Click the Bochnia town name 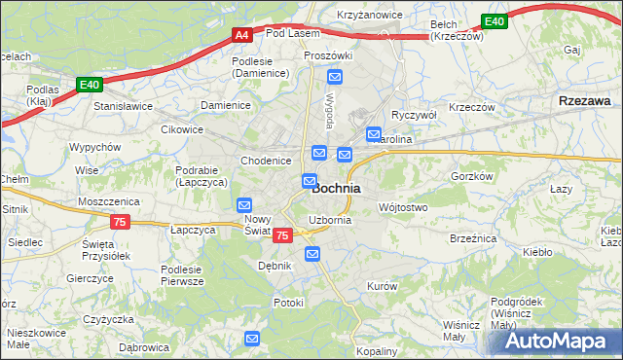pyautogui.click(x=337, y=188)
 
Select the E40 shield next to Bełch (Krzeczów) pyautogui.click(x=495, y=21)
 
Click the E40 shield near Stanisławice pyautogui.click(x=91, y=86)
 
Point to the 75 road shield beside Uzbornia pyautogui.click(x=282, y=235)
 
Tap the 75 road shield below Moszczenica pyautogui.click(x=119, y=222)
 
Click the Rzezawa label pyautogui.click(x=585, y=100)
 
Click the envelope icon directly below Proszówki pyautogui.click(x=335, y=77)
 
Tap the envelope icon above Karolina pyautogui.click(x=373, y=133)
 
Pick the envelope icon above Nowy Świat pyautogui.click(x=244, y=205)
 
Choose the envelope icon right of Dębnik pyautogui.click(x=312, y=254)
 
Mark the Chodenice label pyautogui.click(x=266, y=161)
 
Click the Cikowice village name pyautogui.click(x=182, y=128)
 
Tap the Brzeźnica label pyautogui.click(x=474, y=237)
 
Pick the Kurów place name pyautogui.click(x=382, y=286)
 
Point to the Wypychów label pyautogui.click(x=94, y=147)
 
